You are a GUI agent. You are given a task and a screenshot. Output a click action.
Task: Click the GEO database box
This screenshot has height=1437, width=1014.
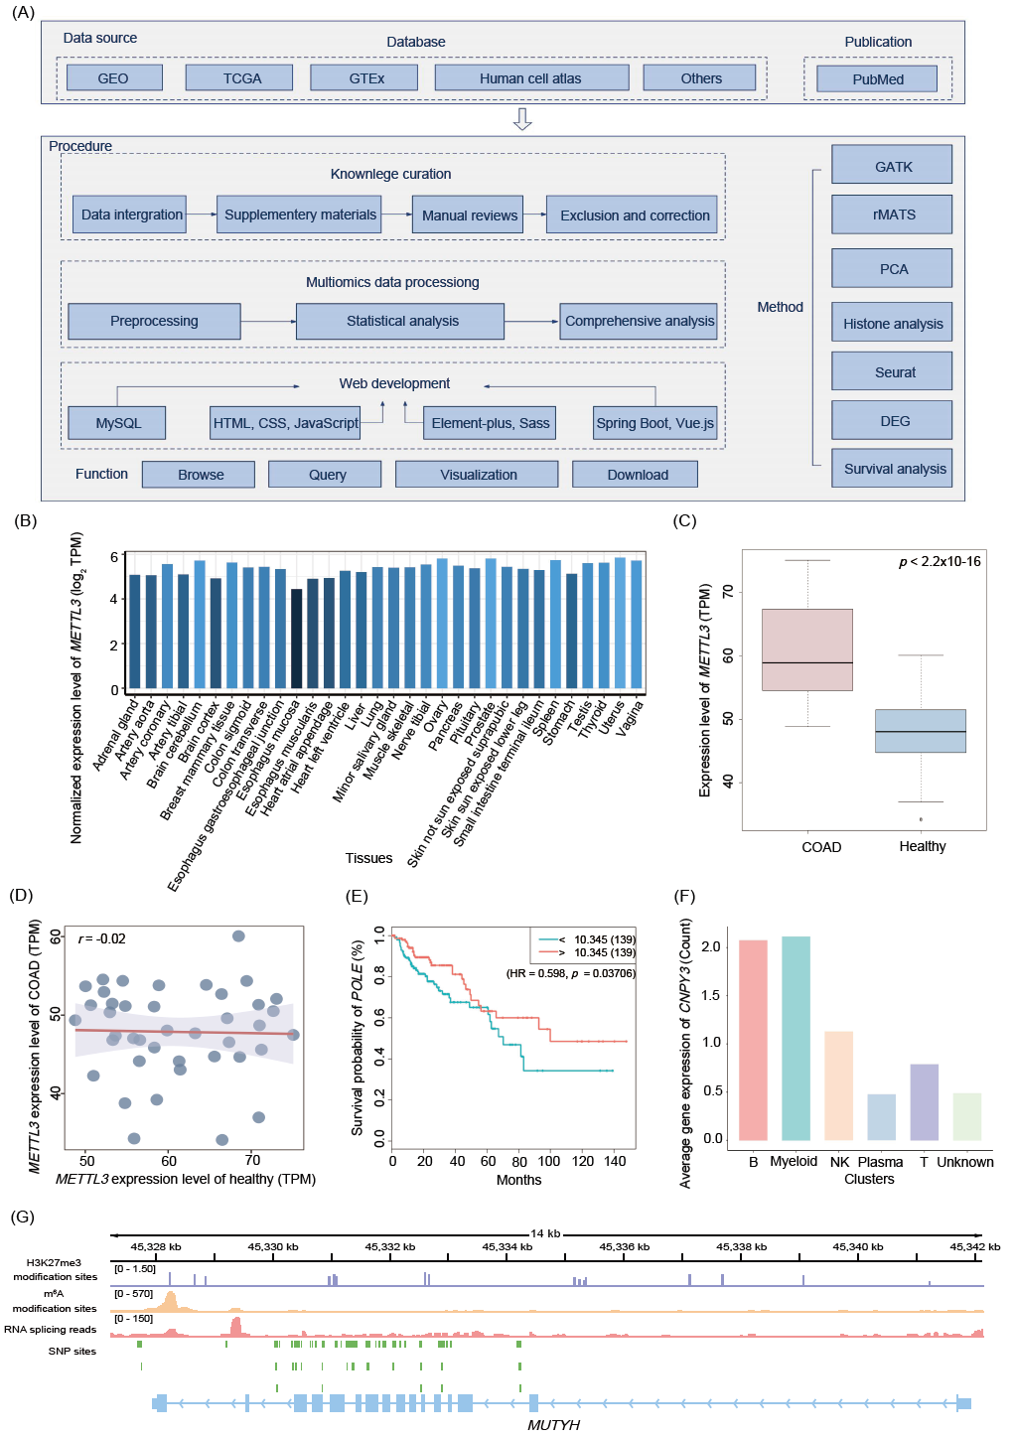point(113,78)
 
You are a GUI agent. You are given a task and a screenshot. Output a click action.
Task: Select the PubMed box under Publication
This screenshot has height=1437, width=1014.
point(877,79)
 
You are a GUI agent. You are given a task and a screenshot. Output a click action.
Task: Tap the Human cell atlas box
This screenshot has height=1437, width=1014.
point(531,78)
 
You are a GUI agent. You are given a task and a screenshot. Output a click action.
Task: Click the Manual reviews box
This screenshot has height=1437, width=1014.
point(469,215)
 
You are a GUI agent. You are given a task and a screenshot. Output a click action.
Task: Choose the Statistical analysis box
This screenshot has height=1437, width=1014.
point(401,321)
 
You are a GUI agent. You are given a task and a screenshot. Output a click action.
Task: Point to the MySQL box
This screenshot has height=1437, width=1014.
point(117,423)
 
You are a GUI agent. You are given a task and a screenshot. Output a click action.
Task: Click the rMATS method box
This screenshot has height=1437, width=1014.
point(892,215)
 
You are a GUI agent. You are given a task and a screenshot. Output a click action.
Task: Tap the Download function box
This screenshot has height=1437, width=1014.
point(636,475)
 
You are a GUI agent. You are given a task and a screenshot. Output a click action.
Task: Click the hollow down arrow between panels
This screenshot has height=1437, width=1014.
point(522,120)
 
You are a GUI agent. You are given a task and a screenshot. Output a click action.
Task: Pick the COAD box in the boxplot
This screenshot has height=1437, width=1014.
point(807,649)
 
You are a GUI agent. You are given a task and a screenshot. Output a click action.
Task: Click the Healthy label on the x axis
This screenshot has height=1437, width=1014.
point(922,846)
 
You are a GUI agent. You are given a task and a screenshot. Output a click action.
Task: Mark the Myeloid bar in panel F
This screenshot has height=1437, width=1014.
point(796,1038)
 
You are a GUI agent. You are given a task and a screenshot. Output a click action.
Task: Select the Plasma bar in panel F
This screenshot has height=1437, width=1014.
point(881,1116)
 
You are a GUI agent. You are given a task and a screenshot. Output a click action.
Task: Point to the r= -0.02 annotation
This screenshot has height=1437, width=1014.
point(102,938)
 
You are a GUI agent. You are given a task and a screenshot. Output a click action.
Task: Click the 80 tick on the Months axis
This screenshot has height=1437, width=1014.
point(519,1161)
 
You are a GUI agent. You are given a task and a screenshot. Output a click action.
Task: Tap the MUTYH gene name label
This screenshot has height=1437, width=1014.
point(553,1425)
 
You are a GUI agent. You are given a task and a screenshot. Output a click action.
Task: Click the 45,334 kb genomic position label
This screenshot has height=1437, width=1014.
point(507,1246)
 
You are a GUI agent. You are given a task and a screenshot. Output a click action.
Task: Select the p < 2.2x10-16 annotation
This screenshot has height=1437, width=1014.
point(940,562)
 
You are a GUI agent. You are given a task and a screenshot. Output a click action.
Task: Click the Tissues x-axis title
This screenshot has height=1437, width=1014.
point(368,858)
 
